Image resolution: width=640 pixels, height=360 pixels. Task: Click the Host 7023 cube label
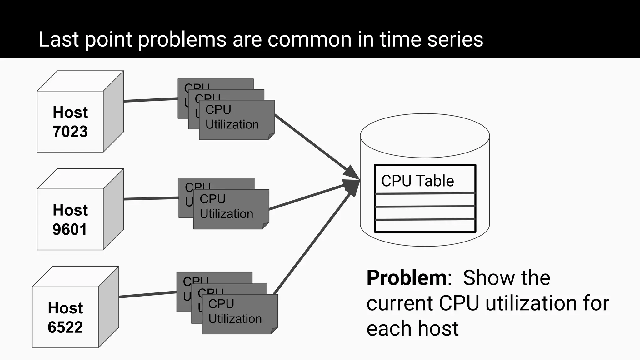70,122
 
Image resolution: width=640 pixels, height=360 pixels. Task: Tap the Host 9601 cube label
70,219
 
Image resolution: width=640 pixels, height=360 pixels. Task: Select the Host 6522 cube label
65,317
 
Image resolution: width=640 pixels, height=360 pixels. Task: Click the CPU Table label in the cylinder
417,181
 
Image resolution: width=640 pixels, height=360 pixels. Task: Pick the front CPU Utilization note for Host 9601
231,209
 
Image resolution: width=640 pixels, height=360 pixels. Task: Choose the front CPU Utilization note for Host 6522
239,314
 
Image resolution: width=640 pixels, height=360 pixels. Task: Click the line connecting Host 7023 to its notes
151,100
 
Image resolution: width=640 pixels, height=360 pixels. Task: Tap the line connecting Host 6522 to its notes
147,294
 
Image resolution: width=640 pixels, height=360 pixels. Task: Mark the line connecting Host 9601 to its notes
151,198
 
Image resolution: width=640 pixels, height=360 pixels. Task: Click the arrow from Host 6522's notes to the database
312,242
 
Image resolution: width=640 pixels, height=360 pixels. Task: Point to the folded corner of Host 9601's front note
266,226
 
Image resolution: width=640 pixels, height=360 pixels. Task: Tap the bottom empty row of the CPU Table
425,226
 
